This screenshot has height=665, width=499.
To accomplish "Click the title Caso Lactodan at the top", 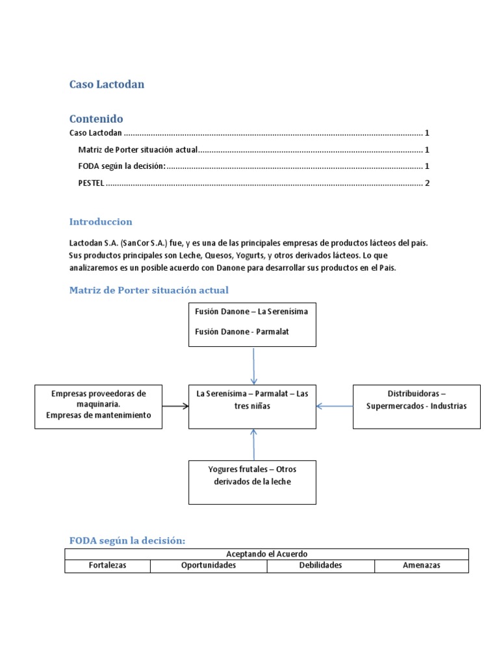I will click(107, 84).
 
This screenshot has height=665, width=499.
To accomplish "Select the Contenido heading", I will click(96, 119).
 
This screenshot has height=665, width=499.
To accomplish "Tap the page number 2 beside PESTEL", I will click(427, 183).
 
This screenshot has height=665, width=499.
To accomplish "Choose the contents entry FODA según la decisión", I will click(122, 166).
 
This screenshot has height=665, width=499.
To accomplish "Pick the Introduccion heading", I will click(101, 222).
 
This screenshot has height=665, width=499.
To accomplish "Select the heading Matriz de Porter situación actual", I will click(149, 290).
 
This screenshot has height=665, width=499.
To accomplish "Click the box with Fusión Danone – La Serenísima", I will click(252, 324).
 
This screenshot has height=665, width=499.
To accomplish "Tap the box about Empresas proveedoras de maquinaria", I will click(99, 406).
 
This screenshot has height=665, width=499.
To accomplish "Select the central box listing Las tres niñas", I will click(252, 406).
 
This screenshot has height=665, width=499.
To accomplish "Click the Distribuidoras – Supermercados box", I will click(416, 406).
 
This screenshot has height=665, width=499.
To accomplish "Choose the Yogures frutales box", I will click(252, 482).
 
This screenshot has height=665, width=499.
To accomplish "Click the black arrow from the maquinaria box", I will click(175, 406).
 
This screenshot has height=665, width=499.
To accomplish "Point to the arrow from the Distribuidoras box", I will click(334, 406).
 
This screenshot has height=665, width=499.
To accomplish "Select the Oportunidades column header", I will click(209, 566).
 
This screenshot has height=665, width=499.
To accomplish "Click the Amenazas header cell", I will click(421, 566).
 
